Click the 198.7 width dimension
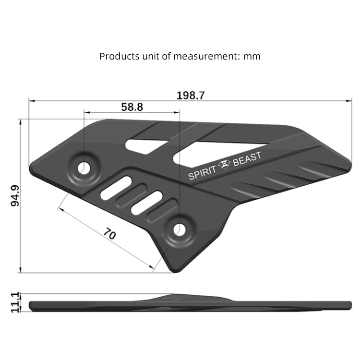click(x=191, y=95)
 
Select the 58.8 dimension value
click(x=132, y=107)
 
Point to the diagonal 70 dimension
click(x=110, y=234)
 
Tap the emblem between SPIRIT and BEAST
click(x=225, y=166)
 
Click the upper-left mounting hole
click(x=84, y=168)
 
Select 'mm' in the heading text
click(x=252, y=56)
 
